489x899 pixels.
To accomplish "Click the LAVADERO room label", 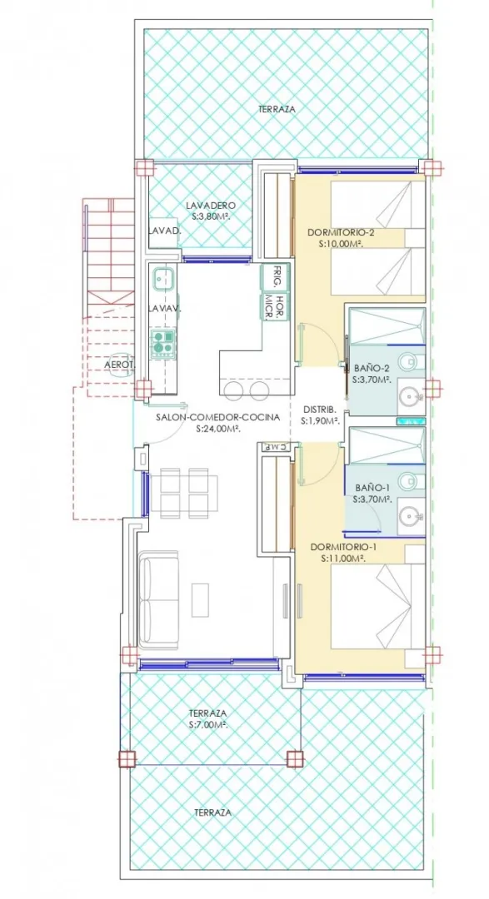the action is (211, 206).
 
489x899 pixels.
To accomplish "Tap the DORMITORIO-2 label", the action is (342, 232).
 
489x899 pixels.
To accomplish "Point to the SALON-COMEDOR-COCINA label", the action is (217, 418).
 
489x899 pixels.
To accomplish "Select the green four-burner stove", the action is (162, 343).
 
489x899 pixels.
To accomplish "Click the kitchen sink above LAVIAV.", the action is (163, 280).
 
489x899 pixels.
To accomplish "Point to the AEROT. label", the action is (120, 364).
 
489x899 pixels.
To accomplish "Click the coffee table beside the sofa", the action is (200, 599).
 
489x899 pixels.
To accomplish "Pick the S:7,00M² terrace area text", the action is (207, 725).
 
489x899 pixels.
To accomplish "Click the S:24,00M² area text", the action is (217, 429).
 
